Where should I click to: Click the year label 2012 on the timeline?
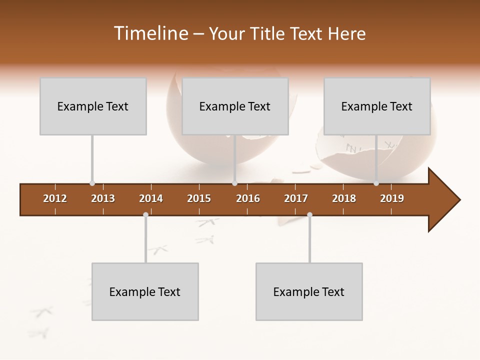pos(55,198)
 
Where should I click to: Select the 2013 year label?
pos(103,198)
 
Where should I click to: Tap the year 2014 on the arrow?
pos(151,198)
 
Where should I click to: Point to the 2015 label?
pos(199,198)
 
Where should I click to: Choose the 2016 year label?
pos(248,198)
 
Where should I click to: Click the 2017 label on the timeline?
pos(296,198)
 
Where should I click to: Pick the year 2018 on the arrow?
pos(344,198)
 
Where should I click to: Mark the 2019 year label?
pos(392,198)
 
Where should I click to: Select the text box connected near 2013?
pos(93,106)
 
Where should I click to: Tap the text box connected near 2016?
pos(235,106)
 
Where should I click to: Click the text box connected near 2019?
pos(377,106)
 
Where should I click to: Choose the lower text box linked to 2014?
pos(145,291)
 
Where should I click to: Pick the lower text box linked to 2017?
pos(309,291)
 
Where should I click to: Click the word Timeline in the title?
pos(149,33)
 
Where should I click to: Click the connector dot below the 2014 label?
pos(145,214)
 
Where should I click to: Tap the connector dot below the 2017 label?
pos(309,214)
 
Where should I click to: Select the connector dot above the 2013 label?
pos(92,183)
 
